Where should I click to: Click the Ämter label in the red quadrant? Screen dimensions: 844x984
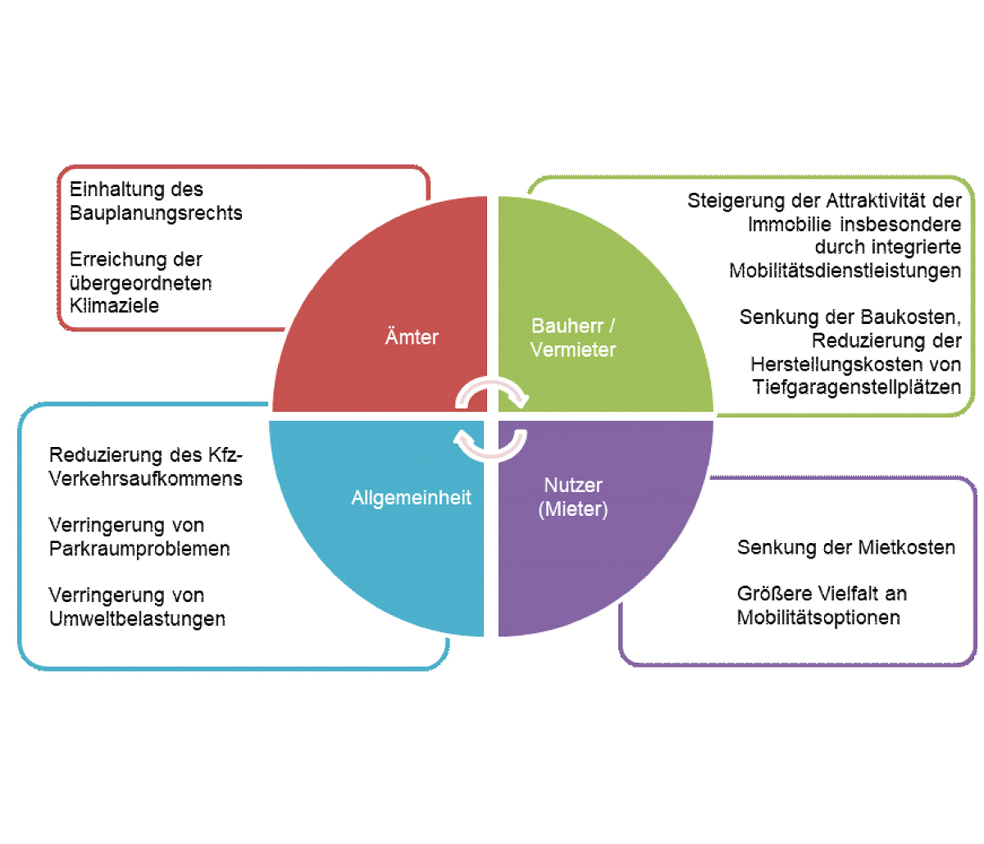pyautogui.click(x=412, y=336)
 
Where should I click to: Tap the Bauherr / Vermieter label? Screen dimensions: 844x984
pyautogui.click(x=573, y=337)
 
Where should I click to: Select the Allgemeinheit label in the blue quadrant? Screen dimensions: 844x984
pyautogui.click(x=411, y=497)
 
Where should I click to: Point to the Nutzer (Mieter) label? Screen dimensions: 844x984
pyautogui.click(x=573, y=497)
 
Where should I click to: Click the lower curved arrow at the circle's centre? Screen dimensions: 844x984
pyautogui.click(x=490, y=444)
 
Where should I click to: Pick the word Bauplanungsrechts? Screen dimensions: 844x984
pyautogui.click(x=156, y=213)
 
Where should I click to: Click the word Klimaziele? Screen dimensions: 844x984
pyautogui.click(x=114, y=306)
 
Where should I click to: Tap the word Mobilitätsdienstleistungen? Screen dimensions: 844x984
pyautogui.click(x=845, y=271)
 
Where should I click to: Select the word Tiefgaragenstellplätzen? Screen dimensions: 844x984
pyautogui.click(x=857, y=387)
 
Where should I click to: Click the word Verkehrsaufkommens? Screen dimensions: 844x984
pyautogui.click(x=146, y=479)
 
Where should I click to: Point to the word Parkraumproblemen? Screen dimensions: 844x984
pyautogui.click(x=139, y=549)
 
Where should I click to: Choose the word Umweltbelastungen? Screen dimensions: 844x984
pyautogui.click(x=137, y=618)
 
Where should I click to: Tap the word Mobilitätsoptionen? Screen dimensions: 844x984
pyautogui.click(x=818, y=618)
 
